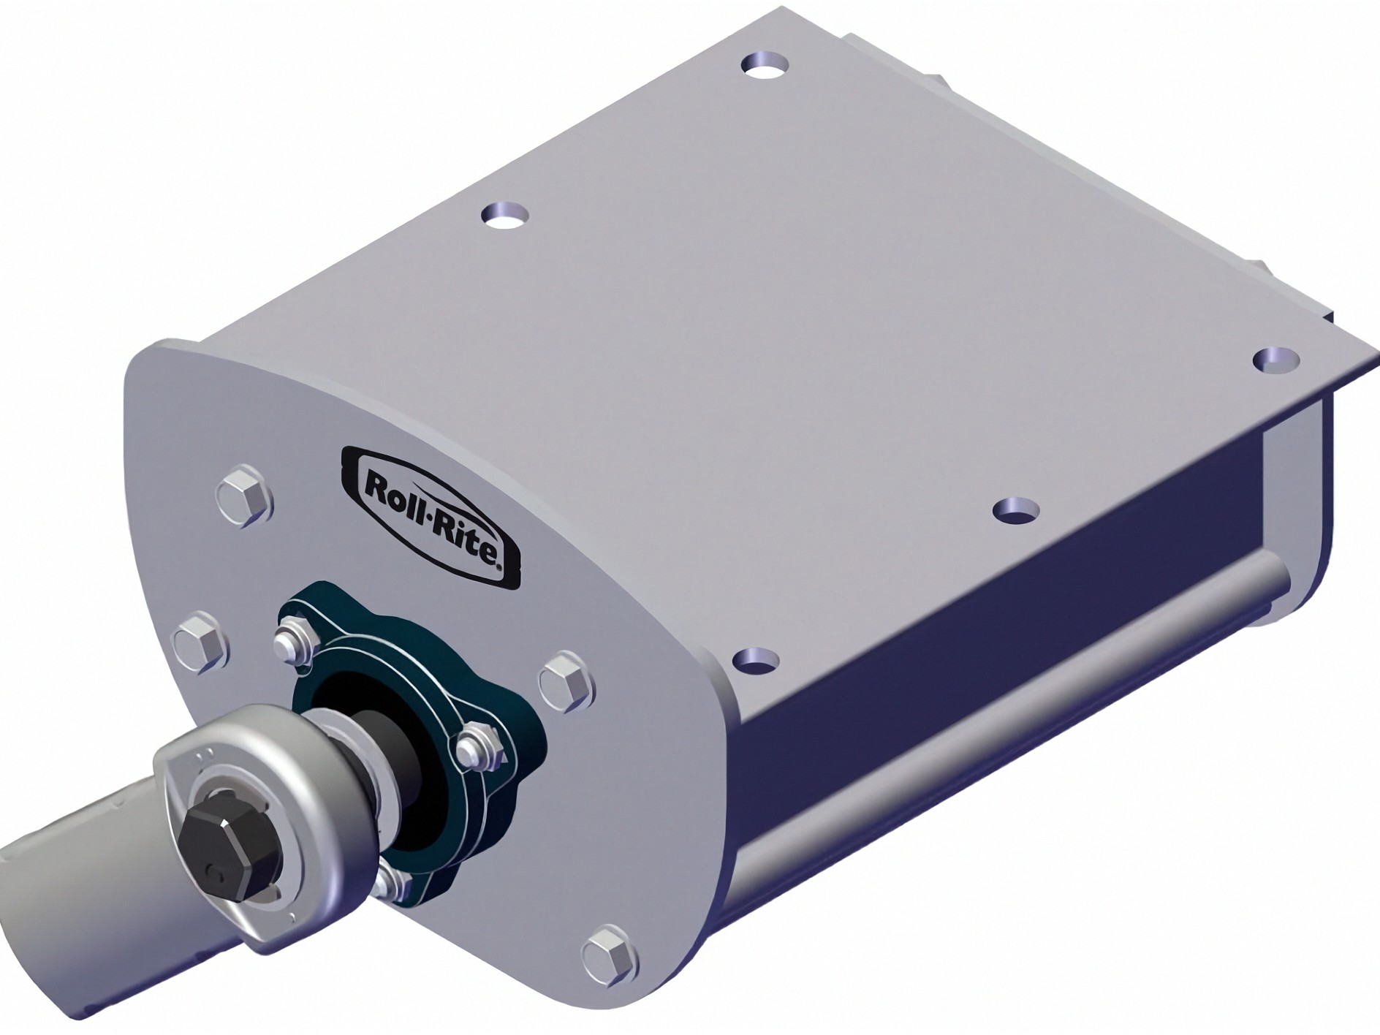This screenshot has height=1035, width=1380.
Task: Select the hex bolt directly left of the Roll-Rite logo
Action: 246,496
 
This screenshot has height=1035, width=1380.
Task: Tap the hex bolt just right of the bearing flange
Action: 566,680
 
